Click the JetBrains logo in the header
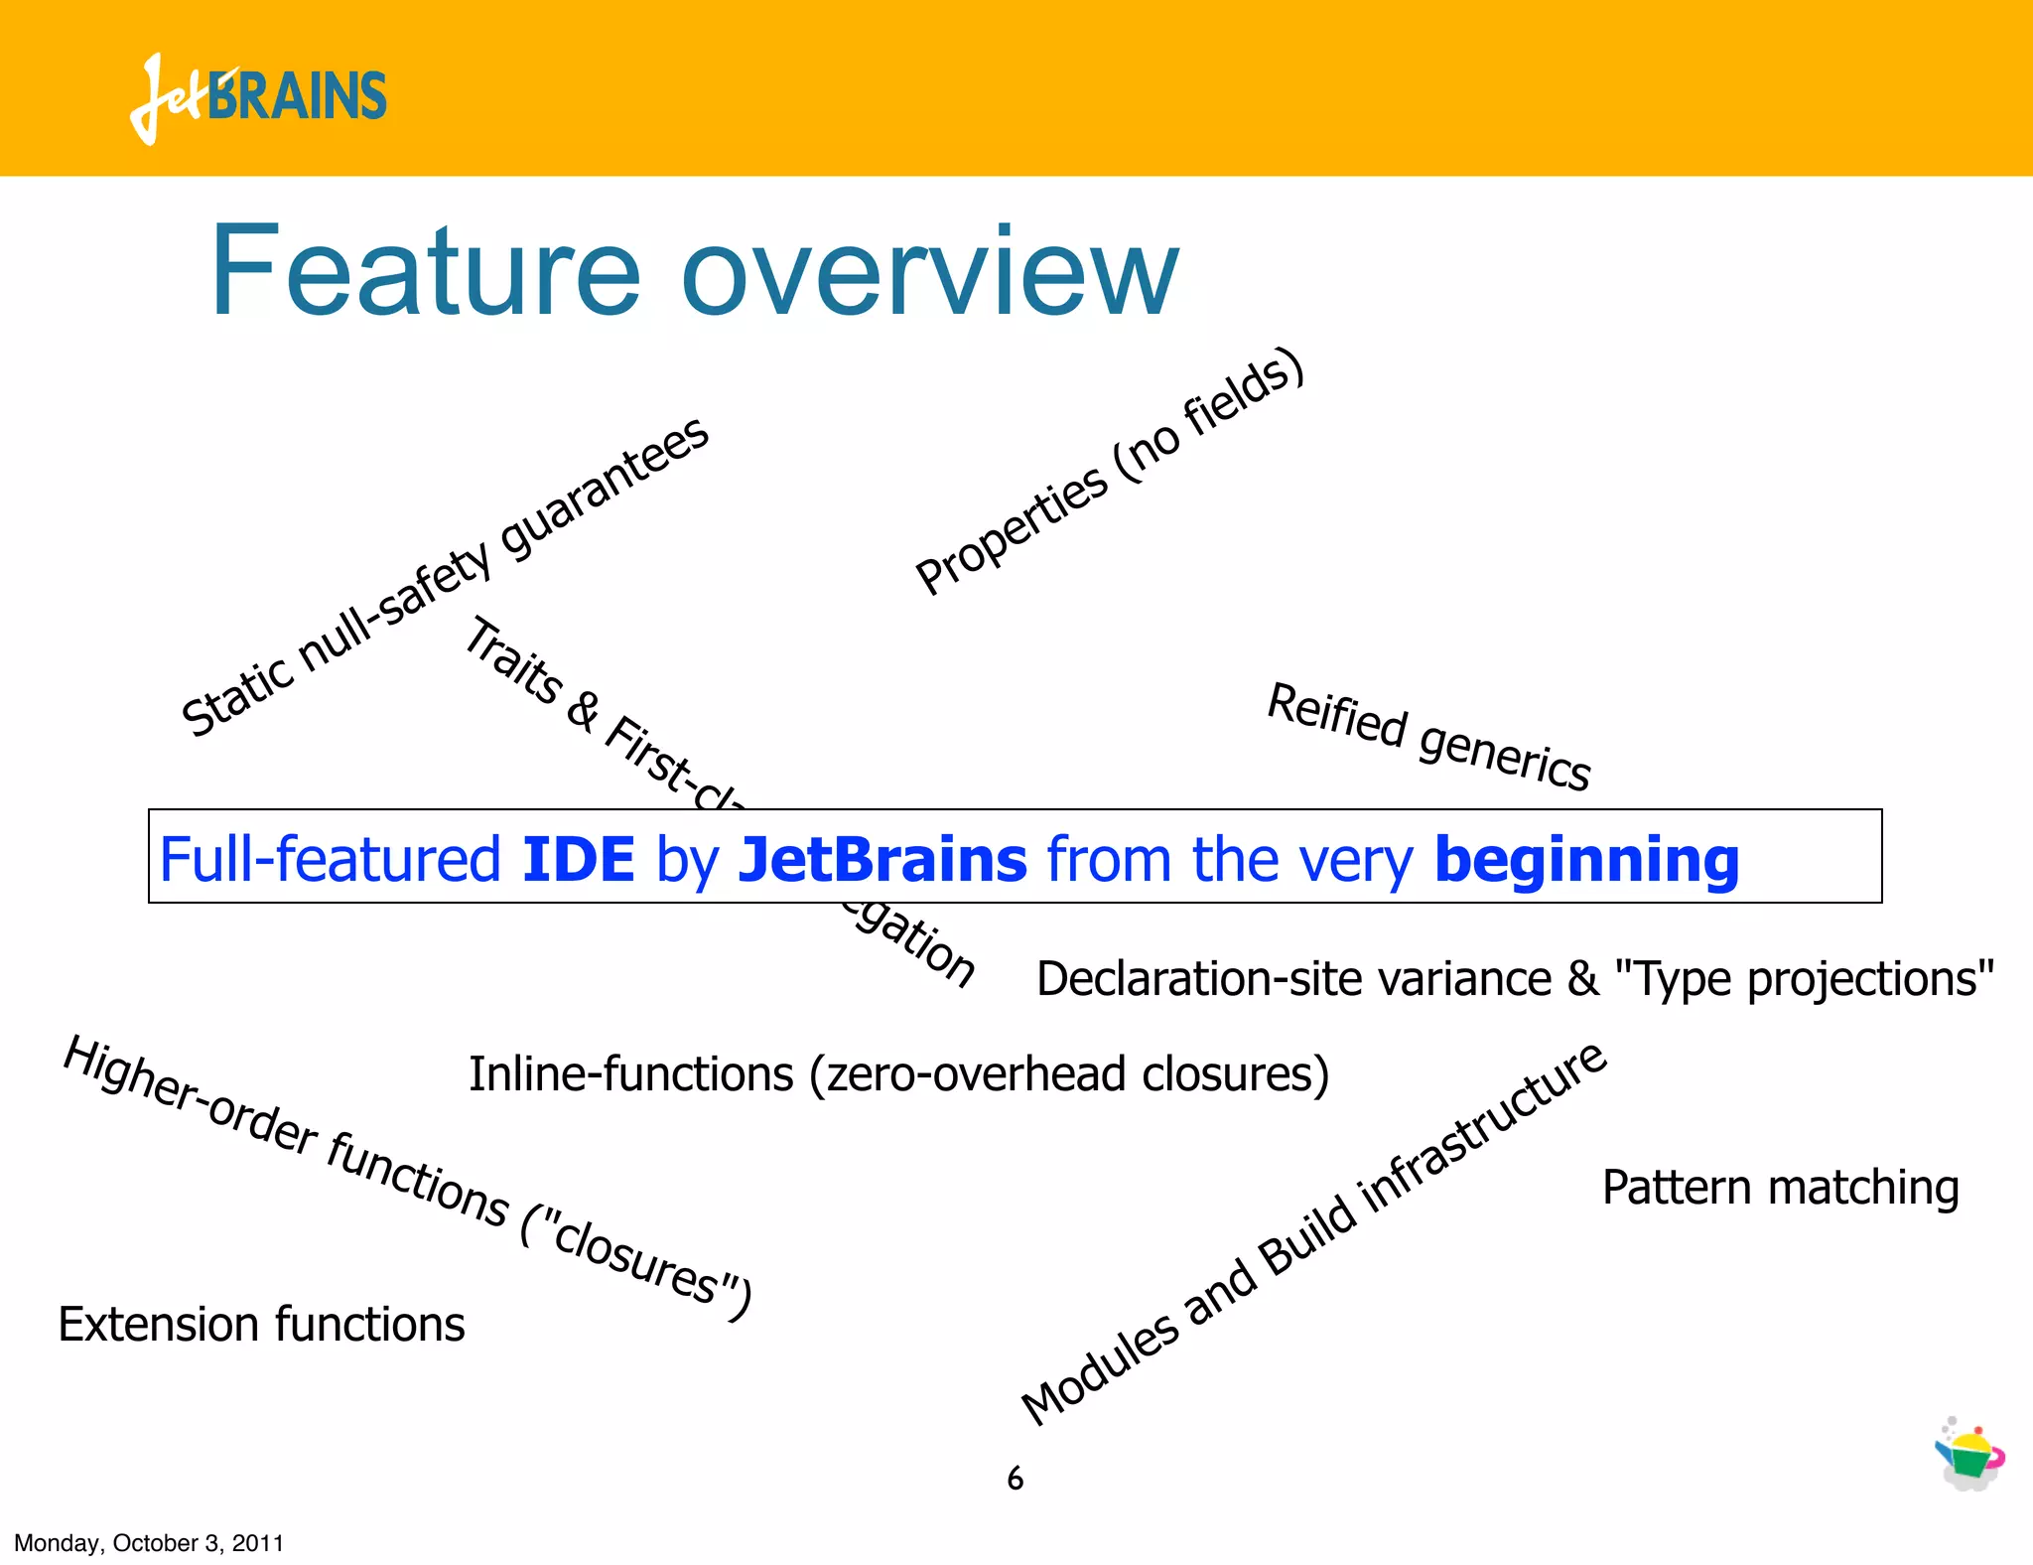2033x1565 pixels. point(258,97)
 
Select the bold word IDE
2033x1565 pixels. point(578,859)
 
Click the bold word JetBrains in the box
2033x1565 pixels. point(882,859)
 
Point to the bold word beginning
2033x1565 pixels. point(1586,861)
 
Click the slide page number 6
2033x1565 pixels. point(1015,1479)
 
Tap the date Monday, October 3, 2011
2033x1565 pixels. point(149,1543)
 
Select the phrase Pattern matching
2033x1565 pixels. point(1780,1188)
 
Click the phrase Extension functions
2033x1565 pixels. point(261,1325)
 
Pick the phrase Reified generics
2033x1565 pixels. point(1429,737)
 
